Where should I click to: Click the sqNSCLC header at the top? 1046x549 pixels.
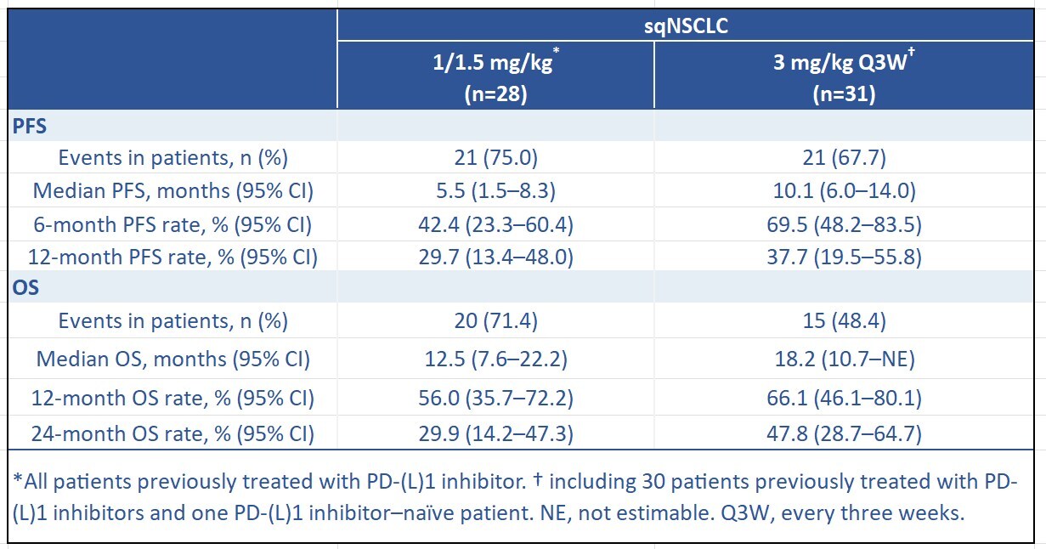[686, 25]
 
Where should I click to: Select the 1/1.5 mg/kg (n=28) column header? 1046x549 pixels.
[496, 76]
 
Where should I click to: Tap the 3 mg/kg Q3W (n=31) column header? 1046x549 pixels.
[844, 76]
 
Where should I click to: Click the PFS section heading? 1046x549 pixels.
[30, 126]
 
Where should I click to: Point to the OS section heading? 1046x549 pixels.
[25, 287]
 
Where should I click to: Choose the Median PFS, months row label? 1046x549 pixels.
[172, 191]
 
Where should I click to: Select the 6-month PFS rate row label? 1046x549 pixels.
[172, 224]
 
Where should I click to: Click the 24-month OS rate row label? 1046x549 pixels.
[172, 433]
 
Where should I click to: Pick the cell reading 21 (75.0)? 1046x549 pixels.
[496, 158]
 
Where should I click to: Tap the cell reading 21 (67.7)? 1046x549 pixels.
[845, 158]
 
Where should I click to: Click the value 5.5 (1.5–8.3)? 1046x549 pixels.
[496, 191]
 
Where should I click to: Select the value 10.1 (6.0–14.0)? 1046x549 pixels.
[845, 191]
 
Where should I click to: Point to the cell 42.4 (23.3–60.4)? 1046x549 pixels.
[496, 224]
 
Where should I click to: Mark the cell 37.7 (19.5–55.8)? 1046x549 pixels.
[845, 258]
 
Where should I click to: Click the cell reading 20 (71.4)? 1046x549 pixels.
[496, 321]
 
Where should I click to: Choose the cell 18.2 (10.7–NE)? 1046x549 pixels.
[845, 359]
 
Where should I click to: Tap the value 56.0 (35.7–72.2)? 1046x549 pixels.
[496, 398]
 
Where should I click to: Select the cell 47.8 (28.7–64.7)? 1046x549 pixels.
[845, 433]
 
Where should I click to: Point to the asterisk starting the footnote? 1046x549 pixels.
[18, 478]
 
